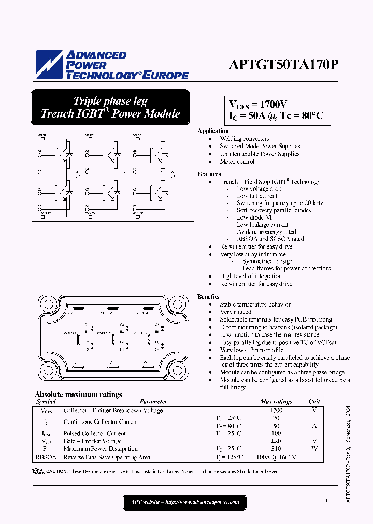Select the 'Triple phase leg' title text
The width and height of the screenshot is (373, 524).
(x=110, y=101)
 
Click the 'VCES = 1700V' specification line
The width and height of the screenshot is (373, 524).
(x=258, y=104)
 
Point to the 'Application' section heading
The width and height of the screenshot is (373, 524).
(x=213, y=131)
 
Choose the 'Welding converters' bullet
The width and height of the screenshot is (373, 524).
(x=244, y=139)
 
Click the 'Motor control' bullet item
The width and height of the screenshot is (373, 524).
(x=237, y=162)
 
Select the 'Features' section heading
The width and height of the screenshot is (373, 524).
(x=209, y=174)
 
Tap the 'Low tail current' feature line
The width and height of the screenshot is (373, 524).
(x=257, y=196)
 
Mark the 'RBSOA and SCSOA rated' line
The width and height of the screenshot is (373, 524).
(x=270, y=239)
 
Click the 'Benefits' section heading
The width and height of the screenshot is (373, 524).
(x=208, y=297)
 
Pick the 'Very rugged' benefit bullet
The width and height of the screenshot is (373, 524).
(x=235, y=312)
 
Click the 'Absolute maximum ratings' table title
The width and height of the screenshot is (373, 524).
(x=78, y=394)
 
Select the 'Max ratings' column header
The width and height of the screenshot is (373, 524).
(x=276, y=401)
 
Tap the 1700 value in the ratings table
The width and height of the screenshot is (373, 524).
(x=276, y=410)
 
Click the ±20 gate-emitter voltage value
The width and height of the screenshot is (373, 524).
(x=276, y=441)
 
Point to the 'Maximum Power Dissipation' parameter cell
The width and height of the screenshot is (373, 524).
(x=101, y=449)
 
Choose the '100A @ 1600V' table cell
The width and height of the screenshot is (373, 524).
(x=276, y=457)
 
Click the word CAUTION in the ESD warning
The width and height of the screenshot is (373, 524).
(x=57, y=471)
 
